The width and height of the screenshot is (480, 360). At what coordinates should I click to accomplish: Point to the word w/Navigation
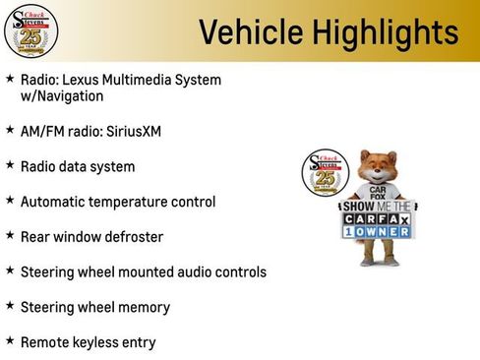[62, 96]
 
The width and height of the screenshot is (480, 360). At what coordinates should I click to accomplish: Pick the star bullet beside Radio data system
[10, 165]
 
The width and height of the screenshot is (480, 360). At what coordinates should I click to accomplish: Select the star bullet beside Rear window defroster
[10, 236]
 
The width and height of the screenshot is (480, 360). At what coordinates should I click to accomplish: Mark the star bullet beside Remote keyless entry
[10, 341]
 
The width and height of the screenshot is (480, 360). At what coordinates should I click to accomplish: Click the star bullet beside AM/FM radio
[10, 130]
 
